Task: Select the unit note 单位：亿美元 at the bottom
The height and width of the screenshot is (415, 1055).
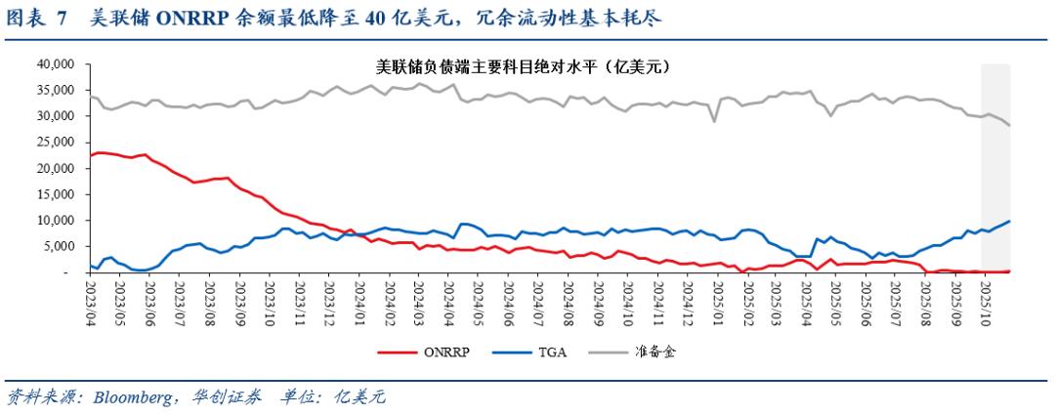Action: pos(333,397)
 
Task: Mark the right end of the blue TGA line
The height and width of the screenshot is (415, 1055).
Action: pos(1009,221)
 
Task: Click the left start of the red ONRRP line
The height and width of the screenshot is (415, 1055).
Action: pos(90,155)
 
